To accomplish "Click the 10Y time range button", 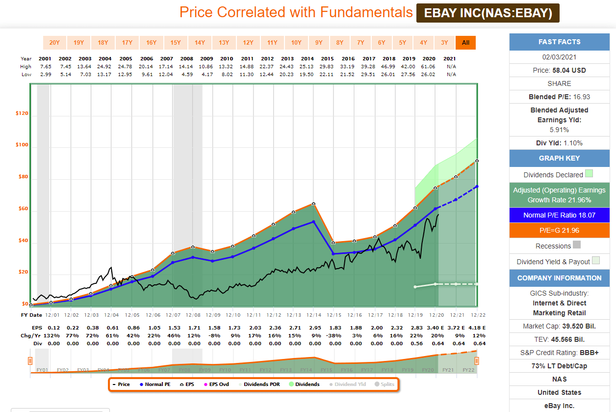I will coord(296,43).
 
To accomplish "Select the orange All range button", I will coord(465,43).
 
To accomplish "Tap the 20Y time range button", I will coord(54,43).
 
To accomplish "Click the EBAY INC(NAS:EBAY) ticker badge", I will coord(488,13).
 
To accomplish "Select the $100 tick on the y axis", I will coord(22,145).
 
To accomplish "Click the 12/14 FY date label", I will coord(313,315).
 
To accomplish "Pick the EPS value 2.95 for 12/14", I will coord(313,327).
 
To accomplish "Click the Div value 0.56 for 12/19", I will coord(416,344).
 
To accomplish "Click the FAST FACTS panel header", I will coord(559,42).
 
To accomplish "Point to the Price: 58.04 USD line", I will coord(559,70).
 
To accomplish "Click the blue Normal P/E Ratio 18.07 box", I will coord(559,215).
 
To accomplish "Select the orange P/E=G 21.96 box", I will coord(559,230).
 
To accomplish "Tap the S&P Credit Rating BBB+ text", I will coord(559,353).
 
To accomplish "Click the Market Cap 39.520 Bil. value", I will coord(559,326).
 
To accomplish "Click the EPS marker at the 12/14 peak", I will coord(313,203).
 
